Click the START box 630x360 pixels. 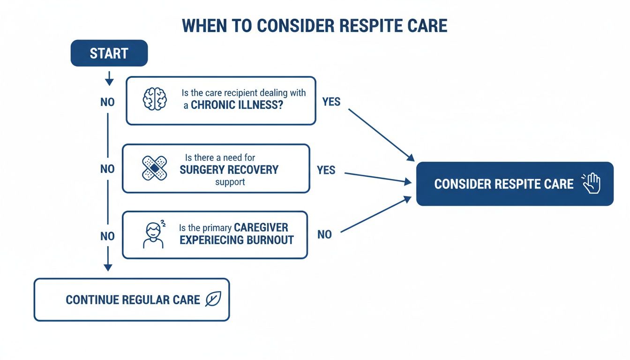(109, 53)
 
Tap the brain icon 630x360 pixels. (155, 99)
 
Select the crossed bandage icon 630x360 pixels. (154, 168)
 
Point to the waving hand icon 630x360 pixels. (592, 183)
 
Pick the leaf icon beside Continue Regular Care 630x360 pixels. (213, 299)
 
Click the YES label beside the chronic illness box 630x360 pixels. (331, 102)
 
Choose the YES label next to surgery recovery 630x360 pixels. (326, 170)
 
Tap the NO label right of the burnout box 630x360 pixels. (324, 234)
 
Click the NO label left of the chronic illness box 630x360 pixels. (107, 102)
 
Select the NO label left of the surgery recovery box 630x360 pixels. (107, 169)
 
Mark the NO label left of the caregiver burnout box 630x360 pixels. (107, 236)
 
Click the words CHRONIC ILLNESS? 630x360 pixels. (237, 105)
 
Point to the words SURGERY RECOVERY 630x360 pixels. (229, 170)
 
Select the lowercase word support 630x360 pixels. (230, 182)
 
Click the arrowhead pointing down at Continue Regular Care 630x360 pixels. (108, 267)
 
